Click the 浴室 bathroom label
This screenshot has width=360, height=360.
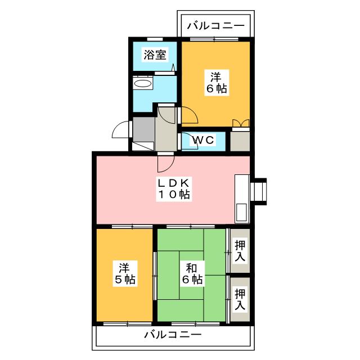tap(154, 55)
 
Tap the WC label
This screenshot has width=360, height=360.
tap(202, 140)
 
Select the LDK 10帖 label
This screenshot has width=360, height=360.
tap(173, 189)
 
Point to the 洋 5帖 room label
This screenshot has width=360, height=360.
tap(125, 272)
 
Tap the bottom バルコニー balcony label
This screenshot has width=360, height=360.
tap(173, 335)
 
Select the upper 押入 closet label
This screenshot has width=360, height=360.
tap(240, 250)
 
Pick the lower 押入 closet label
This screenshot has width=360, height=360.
tap(240, 299)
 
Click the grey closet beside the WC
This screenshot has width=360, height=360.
tap(240, 141)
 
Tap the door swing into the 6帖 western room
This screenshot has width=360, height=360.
tap(188, 116)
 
